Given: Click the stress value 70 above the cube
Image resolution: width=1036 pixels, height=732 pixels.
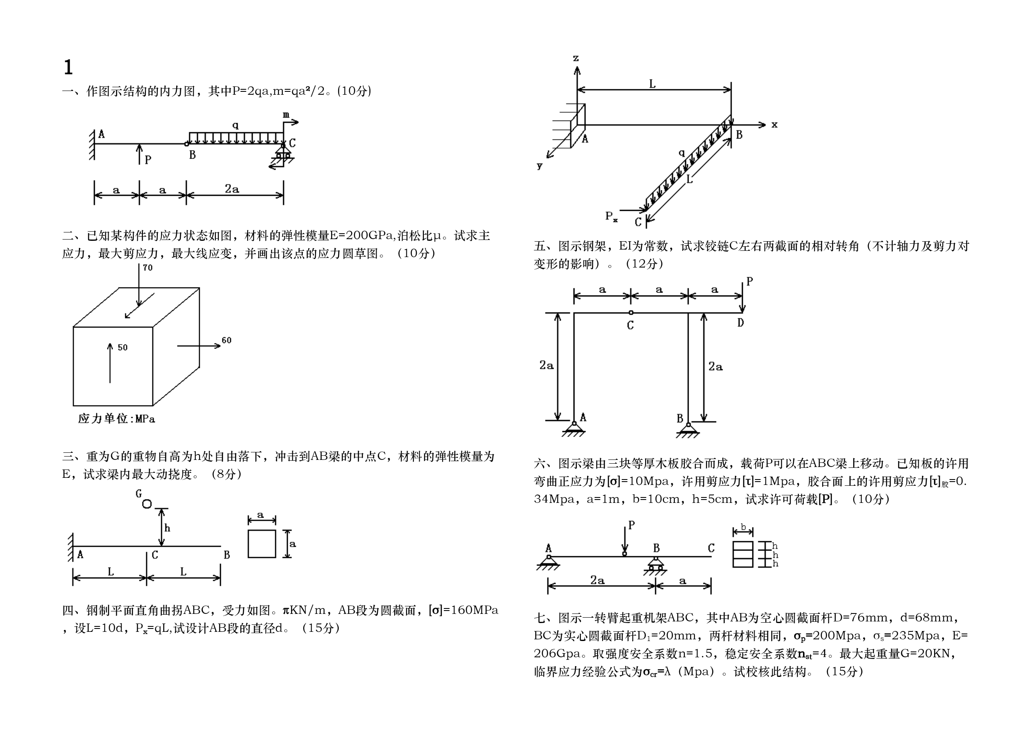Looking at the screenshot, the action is tap(147, 268).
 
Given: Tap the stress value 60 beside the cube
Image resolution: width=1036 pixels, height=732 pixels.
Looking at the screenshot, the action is tap(226, 341).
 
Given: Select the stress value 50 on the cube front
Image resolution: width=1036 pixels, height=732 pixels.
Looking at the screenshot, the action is tap(123, 348).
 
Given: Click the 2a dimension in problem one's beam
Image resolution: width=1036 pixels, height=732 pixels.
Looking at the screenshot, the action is tap(232, 189).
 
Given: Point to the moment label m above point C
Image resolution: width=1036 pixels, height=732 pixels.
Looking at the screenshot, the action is tap(286, 116).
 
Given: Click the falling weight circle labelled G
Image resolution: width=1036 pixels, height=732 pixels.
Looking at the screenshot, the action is tap(147, 504).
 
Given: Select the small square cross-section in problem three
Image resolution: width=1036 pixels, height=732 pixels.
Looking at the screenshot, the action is tap(262, 543).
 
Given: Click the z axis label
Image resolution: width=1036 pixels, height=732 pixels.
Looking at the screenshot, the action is tap(576, 58).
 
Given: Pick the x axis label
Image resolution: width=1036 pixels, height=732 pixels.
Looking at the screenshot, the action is tap(774, 124).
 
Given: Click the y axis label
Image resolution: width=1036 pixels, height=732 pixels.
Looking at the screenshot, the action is tap(540, 166).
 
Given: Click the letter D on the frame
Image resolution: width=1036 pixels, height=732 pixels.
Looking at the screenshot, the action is tap(740, 323).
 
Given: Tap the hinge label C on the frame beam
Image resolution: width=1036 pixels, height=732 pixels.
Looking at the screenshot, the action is tap(631, 326).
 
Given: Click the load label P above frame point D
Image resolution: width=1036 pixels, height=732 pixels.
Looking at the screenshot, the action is tap(750, 281).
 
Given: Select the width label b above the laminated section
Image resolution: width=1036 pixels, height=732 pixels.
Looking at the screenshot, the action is tap(743, 527).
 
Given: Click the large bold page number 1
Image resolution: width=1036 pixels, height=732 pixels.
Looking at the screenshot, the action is tap(68, 68).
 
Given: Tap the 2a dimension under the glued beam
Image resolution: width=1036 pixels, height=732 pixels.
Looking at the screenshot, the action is tap(598, 581).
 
